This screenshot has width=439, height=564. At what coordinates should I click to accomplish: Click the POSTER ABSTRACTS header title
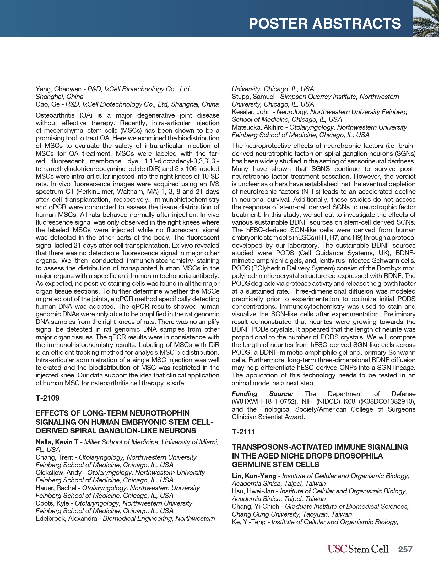click(x=324, y=24)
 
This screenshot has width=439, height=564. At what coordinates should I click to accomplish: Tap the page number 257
click(x=405, y=549)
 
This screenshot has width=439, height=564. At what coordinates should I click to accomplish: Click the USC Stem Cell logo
click(x=358, y=549)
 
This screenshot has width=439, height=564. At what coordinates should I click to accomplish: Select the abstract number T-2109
click(x=47, y=398)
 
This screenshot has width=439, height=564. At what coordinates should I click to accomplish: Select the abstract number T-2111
click(x=243, y=432)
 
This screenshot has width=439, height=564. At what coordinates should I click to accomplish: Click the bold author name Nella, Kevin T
click(x=57, y=442)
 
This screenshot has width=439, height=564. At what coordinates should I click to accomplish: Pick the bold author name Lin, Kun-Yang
click(x=254, y=476)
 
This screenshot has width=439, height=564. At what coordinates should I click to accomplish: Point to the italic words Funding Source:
click(x=262, y=394)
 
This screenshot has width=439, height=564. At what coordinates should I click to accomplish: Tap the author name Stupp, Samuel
click(x=253, y=97)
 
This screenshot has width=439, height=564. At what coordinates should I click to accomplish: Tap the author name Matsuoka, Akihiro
click(x=258, y=127)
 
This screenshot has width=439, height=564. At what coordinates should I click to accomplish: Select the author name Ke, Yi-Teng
click(x=248, y=522)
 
